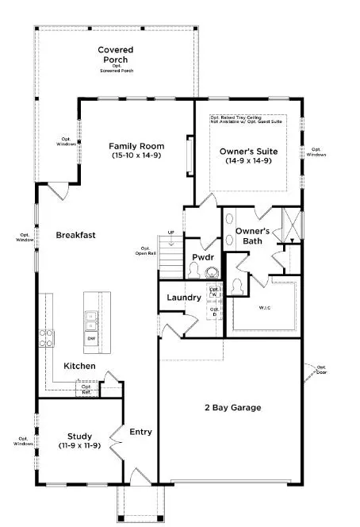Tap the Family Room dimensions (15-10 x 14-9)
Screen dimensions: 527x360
[136, 156]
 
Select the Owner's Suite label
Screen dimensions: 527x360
[248, 149]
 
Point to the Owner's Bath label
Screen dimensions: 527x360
[252, 236]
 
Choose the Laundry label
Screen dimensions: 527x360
[182, 298]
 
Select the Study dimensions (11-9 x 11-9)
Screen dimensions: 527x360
[80, 446]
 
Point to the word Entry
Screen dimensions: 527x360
[140, 433]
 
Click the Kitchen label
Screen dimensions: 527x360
[80, 366]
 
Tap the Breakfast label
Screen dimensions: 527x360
[75, 235]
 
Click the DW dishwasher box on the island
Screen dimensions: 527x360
[90, 339]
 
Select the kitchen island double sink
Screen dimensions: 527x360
[90, 320]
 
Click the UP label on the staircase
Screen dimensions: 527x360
[170, 233]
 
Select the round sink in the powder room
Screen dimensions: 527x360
[211, 271]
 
